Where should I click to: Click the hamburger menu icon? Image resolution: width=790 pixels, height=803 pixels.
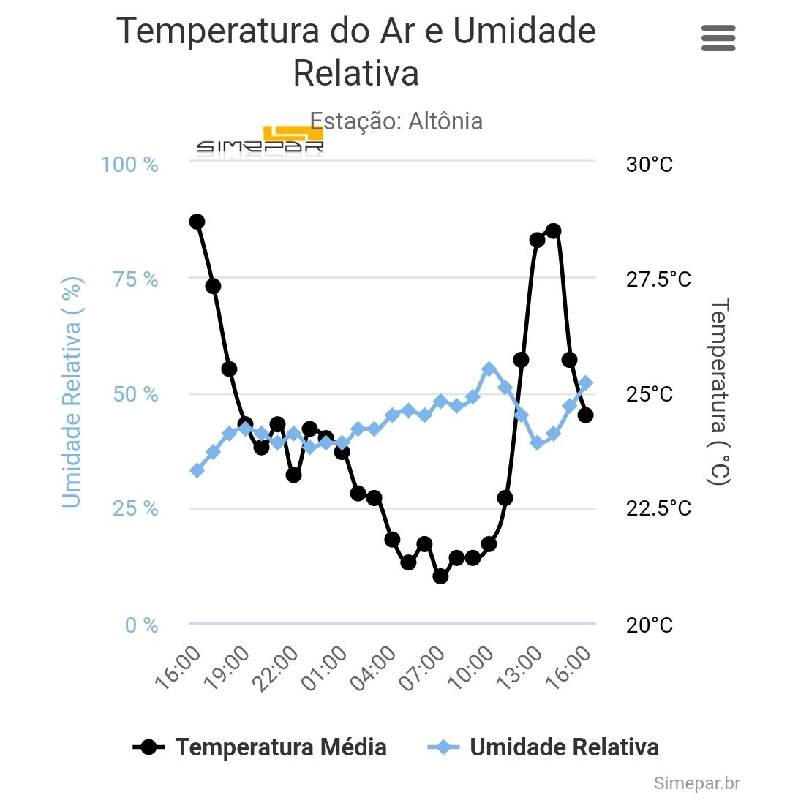click(x=718, y=38)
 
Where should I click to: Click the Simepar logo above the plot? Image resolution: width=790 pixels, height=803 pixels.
click(x=260, y=141)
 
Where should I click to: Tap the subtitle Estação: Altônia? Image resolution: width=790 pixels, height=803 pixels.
click(x=396, y=121)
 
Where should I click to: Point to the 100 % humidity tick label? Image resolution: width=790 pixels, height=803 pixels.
click(x=129, y=165)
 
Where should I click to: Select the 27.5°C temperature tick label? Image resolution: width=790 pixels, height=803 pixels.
click(x=658, y=279)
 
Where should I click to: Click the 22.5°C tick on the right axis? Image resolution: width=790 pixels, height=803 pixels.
click(x=658, y=508)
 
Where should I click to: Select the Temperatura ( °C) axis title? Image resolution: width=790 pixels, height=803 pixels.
click(x=720, y=391)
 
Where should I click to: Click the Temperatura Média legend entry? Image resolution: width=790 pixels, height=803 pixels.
click(x=260, y=747)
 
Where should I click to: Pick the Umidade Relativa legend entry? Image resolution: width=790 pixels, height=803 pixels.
click(x=542, y=747)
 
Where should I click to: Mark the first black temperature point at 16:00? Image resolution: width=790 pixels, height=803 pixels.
click(x=197, y=222)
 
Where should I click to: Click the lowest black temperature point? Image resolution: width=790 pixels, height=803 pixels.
click(x=440, y=576)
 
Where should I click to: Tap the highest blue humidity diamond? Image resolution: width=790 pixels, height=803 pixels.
click(x=489, y=369)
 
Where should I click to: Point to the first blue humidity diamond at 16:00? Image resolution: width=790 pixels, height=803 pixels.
click(x=197, y=470)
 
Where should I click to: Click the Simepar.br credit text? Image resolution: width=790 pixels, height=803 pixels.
click(x=697, y=783)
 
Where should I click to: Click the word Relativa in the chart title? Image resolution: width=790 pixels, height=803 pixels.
click(x=355, y=73)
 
